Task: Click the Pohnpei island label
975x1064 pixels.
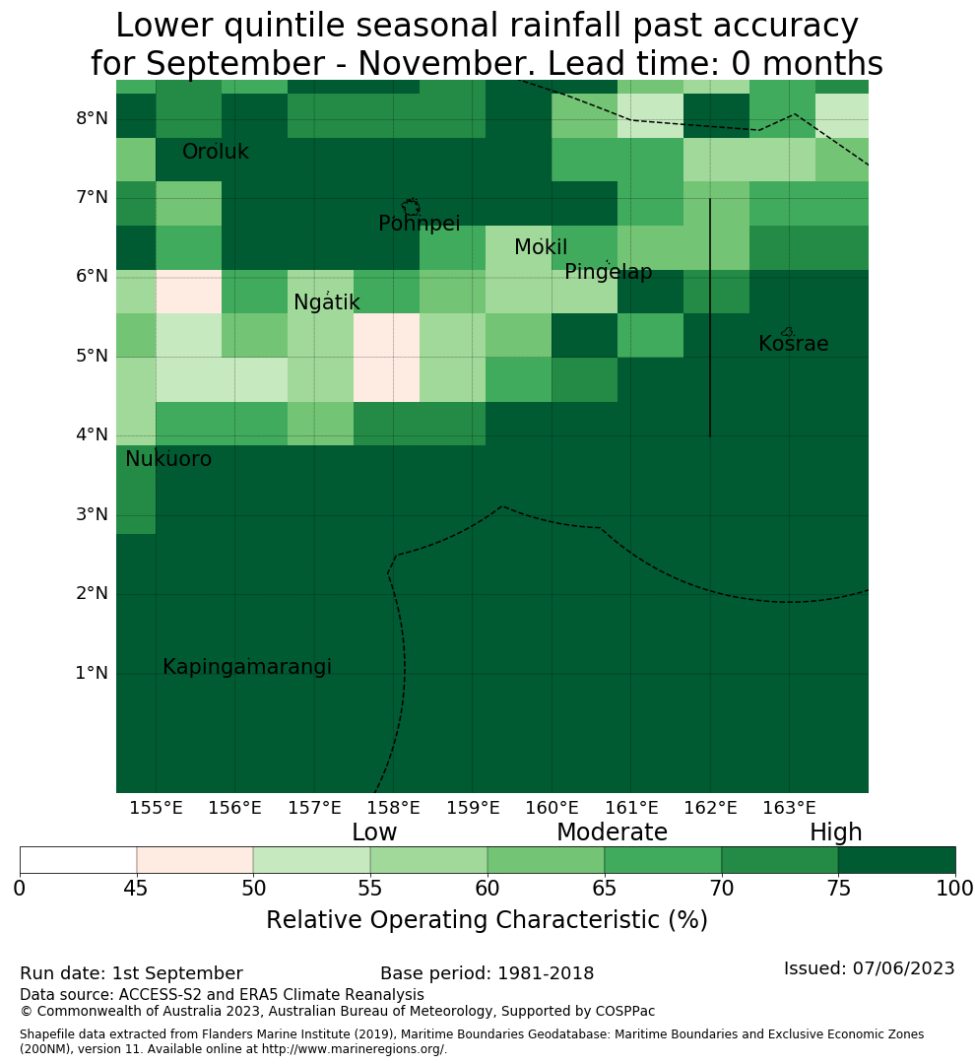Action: (420, 224)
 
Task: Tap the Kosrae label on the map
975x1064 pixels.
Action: (793, 344)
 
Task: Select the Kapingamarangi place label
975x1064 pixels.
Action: (247, 667)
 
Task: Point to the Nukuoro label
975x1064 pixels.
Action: (168, 459)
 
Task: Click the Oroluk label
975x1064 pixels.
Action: (215, 152)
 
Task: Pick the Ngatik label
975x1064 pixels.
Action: (326, 302)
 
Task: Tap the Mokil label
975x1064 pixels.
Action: (540, 247)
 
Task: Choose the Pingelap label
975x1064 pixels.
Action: (608, 272)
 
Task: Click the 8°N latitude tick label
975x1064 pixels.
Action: (92, 118)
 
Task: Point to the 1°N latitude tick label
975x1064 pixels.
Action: (92, 673)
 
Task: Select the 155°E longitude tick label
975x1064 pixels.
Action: (156, 808)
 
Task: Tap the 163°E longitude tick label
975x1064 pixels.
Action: (789, 808)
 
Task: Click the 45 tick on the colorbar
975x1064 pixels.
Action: (136, 889)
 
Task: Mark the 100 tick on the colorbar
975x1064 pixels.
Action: (955, 889)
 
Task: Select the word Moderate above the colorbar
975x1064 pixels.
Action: (612, 831)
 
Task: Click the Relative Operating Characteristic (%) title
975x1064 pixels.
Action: (487, 920)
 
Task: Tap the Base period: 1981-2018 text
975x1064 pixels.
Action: (487, 973)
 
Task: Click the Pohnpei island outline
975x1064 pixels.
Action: (411, 207)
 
